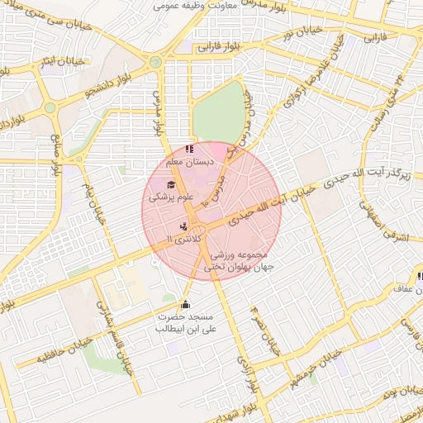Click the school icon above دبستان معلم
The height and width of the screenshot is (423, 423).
[189, 150]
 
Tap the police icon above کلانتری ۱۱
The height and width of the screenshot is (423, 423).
[183, 225]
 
